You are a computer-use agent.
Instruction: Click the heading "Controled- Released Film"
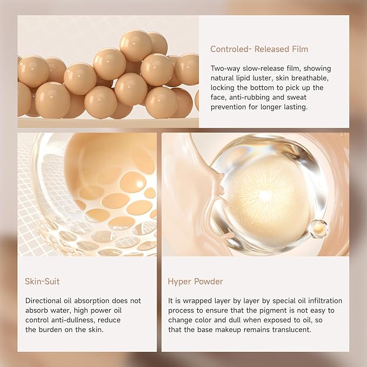[259, 50]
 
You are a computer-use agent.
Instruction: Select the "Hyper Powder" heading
[195, 282]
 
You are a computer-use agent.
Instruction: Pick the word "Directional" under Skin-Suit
[45, 301]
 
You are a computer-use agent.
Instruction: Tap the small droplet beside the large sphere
[318, 229]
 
